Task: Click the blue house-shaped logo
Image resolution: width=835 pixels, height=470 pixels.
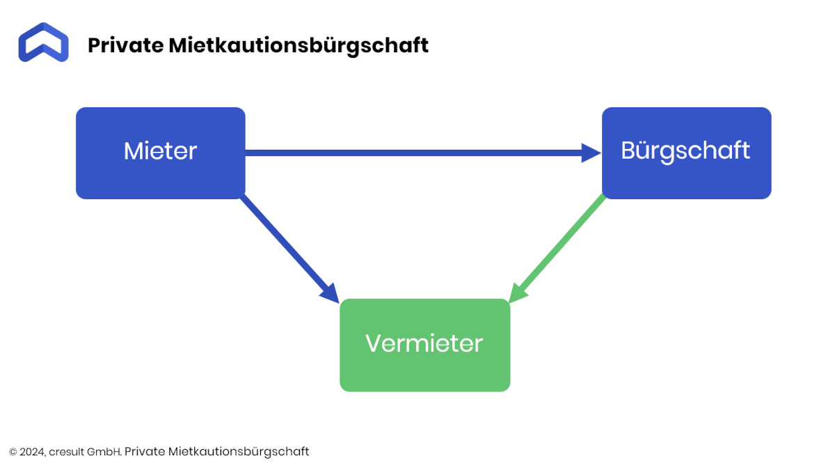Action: pyautogui.click(x=43, y=42)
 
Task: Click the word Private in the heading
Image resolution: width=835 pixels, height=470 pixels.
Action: pyautogui.click(x=126, y=45)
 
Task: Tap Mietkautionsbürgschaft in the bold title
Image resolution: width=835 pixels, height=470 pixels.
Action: pyautogui.click(x=299, y=46)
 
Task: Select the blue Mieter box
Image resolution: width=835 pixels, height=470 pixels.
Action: pyautogui.click(x=161, y=153)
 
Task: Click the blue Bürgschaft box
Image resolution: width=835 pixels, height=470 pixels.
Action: pyautogui.click(x=687, y=153)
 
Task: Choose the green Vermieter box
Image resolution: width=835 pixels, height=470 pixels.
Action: pyautogui.click(x=425, y=345)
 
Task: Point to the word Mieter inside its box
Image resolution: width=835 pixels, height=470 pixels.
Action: pyautogui.click(x=160, y=151)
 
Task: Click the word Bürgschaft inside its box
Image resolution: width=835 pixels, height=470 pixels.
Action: pyautogui.click(x=685, y=151)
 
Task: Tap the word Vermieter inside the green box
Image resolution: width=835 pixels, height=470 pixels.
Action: pyautogui.click(x=424, y=343)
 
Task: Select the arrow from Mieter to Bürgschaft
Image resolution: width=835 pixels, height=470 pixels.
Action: pyautogui.click(x=423, y=153)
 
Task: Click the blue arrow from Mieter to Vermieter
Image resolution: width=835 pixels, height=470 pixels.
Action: pyautogui.click(x=289, y=249)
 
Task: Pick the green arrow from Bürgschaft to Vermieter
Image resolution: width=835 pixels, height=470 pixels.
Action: pyautogui.click(x=557, y=249)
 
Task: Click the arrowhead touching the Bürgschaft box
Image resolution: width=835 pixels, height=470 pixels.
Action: pyautogui.click(x=591, y=153)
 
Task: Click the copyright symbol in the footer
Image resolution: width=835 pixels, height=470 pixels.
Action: pyautogui.click(x=13, y=452)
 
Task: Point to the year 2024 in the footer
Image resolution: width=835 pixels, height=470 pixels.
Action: pyautogui.click(x=32, y=452)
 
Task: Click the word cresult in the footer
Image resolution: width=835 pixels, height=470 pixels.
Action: pyautogui.click(x=66, y=452)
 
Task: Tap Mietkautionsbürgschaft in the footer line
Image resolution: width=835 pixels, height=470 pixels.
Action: pyautogui.click(x=239, y=452)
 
